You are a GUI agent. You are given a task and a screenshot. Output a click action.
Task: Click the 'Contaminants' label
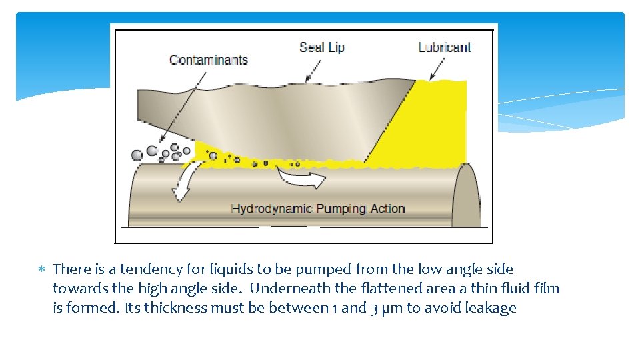[x=208, y=60]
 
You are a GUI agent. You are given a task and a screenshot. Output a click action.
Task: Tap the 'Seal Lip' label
[x=321, y=47]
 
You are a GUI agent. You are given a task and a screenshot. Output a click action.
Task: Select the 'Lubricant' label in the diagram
[x=444, y=47]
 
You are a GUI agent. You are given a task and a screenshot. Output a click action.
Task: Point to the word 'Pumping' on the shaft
[x=339, y=209]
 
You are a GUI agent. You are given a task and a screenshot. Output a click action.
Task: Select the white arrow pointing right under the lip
[x=301, y=177]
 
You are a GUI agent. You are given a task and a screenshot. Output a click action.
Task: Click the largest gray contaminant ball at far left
[x=137, y=155]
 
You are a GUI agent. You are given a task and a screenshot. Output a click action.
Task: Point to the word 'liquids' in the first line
[x=227, y=269]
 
